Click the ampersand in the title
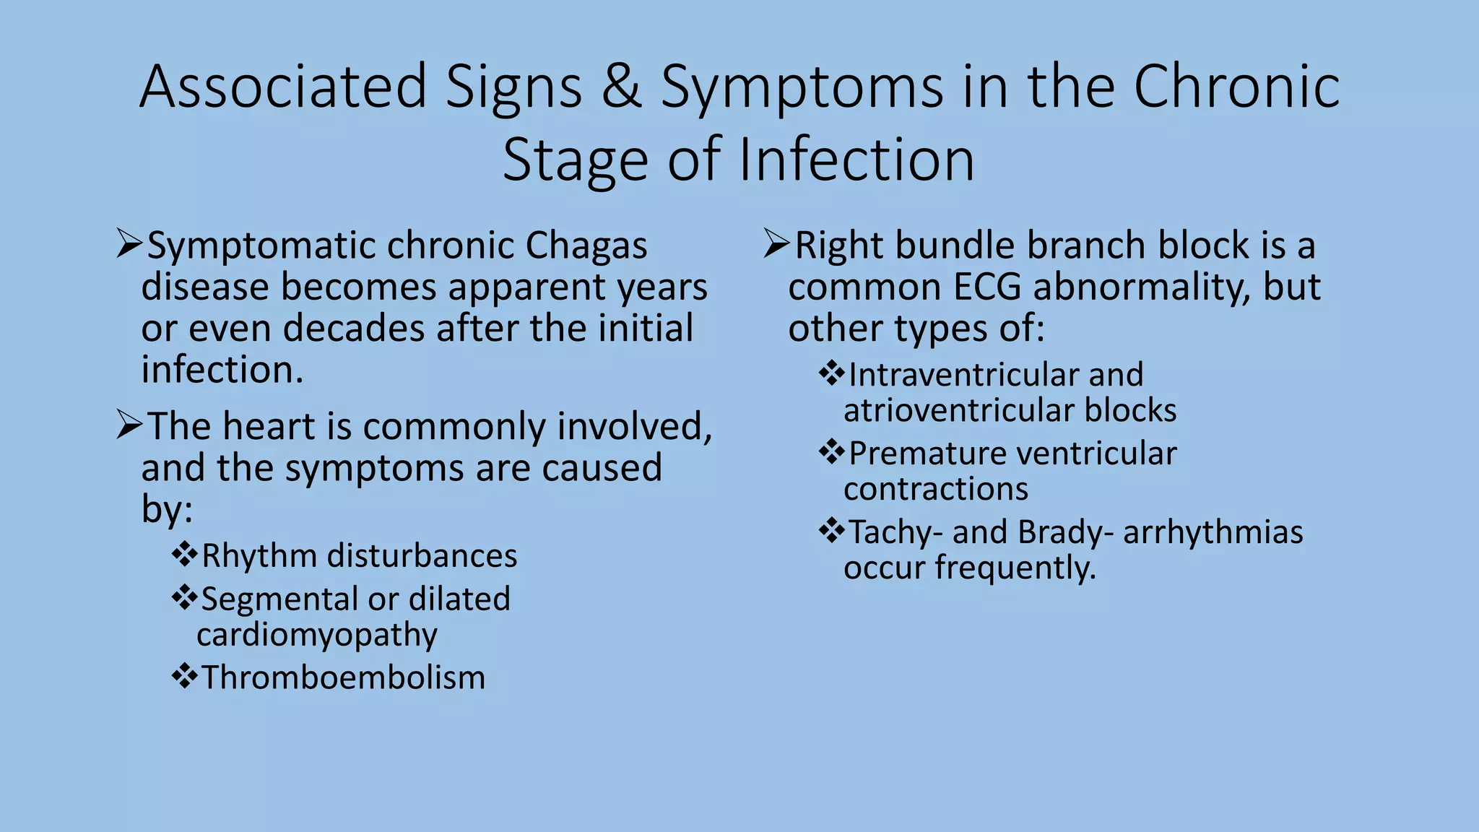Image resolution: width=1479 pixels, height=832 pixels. click(622, 87)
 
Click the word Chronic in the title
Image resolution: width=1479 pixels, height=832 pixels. click(1236, 87)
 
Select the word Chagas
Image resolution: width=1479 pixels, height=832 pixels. click(586, 246)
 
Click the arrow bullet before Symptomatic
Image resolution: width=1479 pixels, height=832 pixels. click(129, 245)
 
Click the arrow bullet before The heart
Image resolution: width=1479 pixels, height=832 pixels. click(129, 425)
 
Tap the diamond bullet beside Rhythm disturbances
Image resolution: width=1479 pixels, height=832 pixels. click(185, 555)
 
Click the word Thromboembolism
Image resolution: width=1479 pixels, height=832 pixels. click(343, 678)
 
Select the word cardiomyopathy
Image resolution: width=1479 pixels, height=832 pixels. click(317, 636)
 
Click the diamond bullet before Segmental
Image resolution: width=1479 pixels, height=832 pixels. click(185, 598)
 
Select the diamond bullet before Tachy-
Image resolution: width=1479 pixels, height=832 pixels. click(832, 532)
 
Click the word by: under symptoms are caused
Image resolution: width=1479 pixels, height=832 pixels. click(167, 510)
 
